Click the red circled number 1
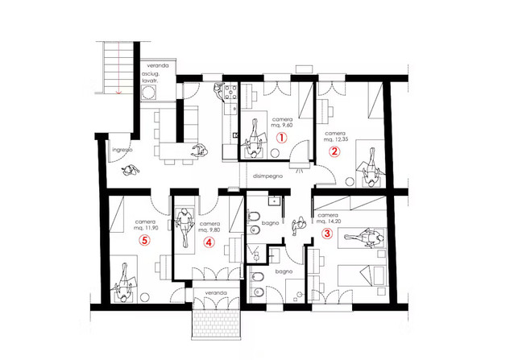pos(282,138)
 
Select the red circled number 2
pos(334,151)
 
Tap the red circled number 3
pos(327,234)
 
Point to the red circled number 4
pos(209,242)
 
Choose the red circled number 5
pos(145,240)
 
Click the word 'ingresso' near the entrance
pos(122,150)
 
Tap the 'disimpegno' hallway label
pos(268,176)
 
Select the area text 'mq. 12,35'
pos(335,139)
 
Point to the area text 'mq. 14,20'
pos(328,221)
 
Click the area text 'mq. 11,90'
pos(146,228)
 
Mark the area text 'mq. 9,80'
pos(209,230)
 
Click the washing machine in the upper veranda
pos(149,93)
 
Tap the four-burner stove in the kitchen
pos(230,93)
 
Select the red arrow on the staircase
pos(118,68)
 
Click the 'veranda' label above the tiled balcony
pos(216,293)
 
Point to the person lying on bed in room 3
pos(364,237)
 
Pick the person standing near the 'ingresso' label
pos(131,171)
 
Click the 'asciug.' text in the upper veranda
pos(151,74)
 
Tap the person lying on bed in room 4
pos(184,226)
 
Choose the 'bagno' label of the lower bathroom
pos(284,271)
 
